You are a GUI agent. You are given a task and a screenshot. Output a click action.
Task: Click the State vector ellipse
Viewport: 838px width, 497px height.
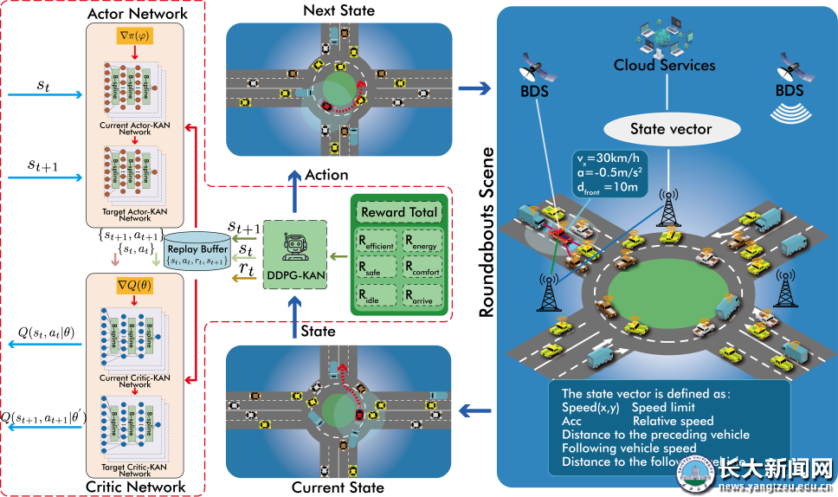pos(670,130)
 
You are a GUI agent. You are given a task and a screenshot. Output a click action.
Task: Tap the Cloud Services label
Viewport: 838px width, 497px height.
pos(664,65)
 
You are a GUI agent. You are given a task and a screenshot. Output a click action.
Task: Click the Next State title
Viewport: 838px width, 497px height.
pos(339,10)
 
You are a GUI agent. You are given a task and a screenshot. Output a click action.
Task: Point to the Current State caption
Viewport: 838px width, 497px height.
pos(338,487)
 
